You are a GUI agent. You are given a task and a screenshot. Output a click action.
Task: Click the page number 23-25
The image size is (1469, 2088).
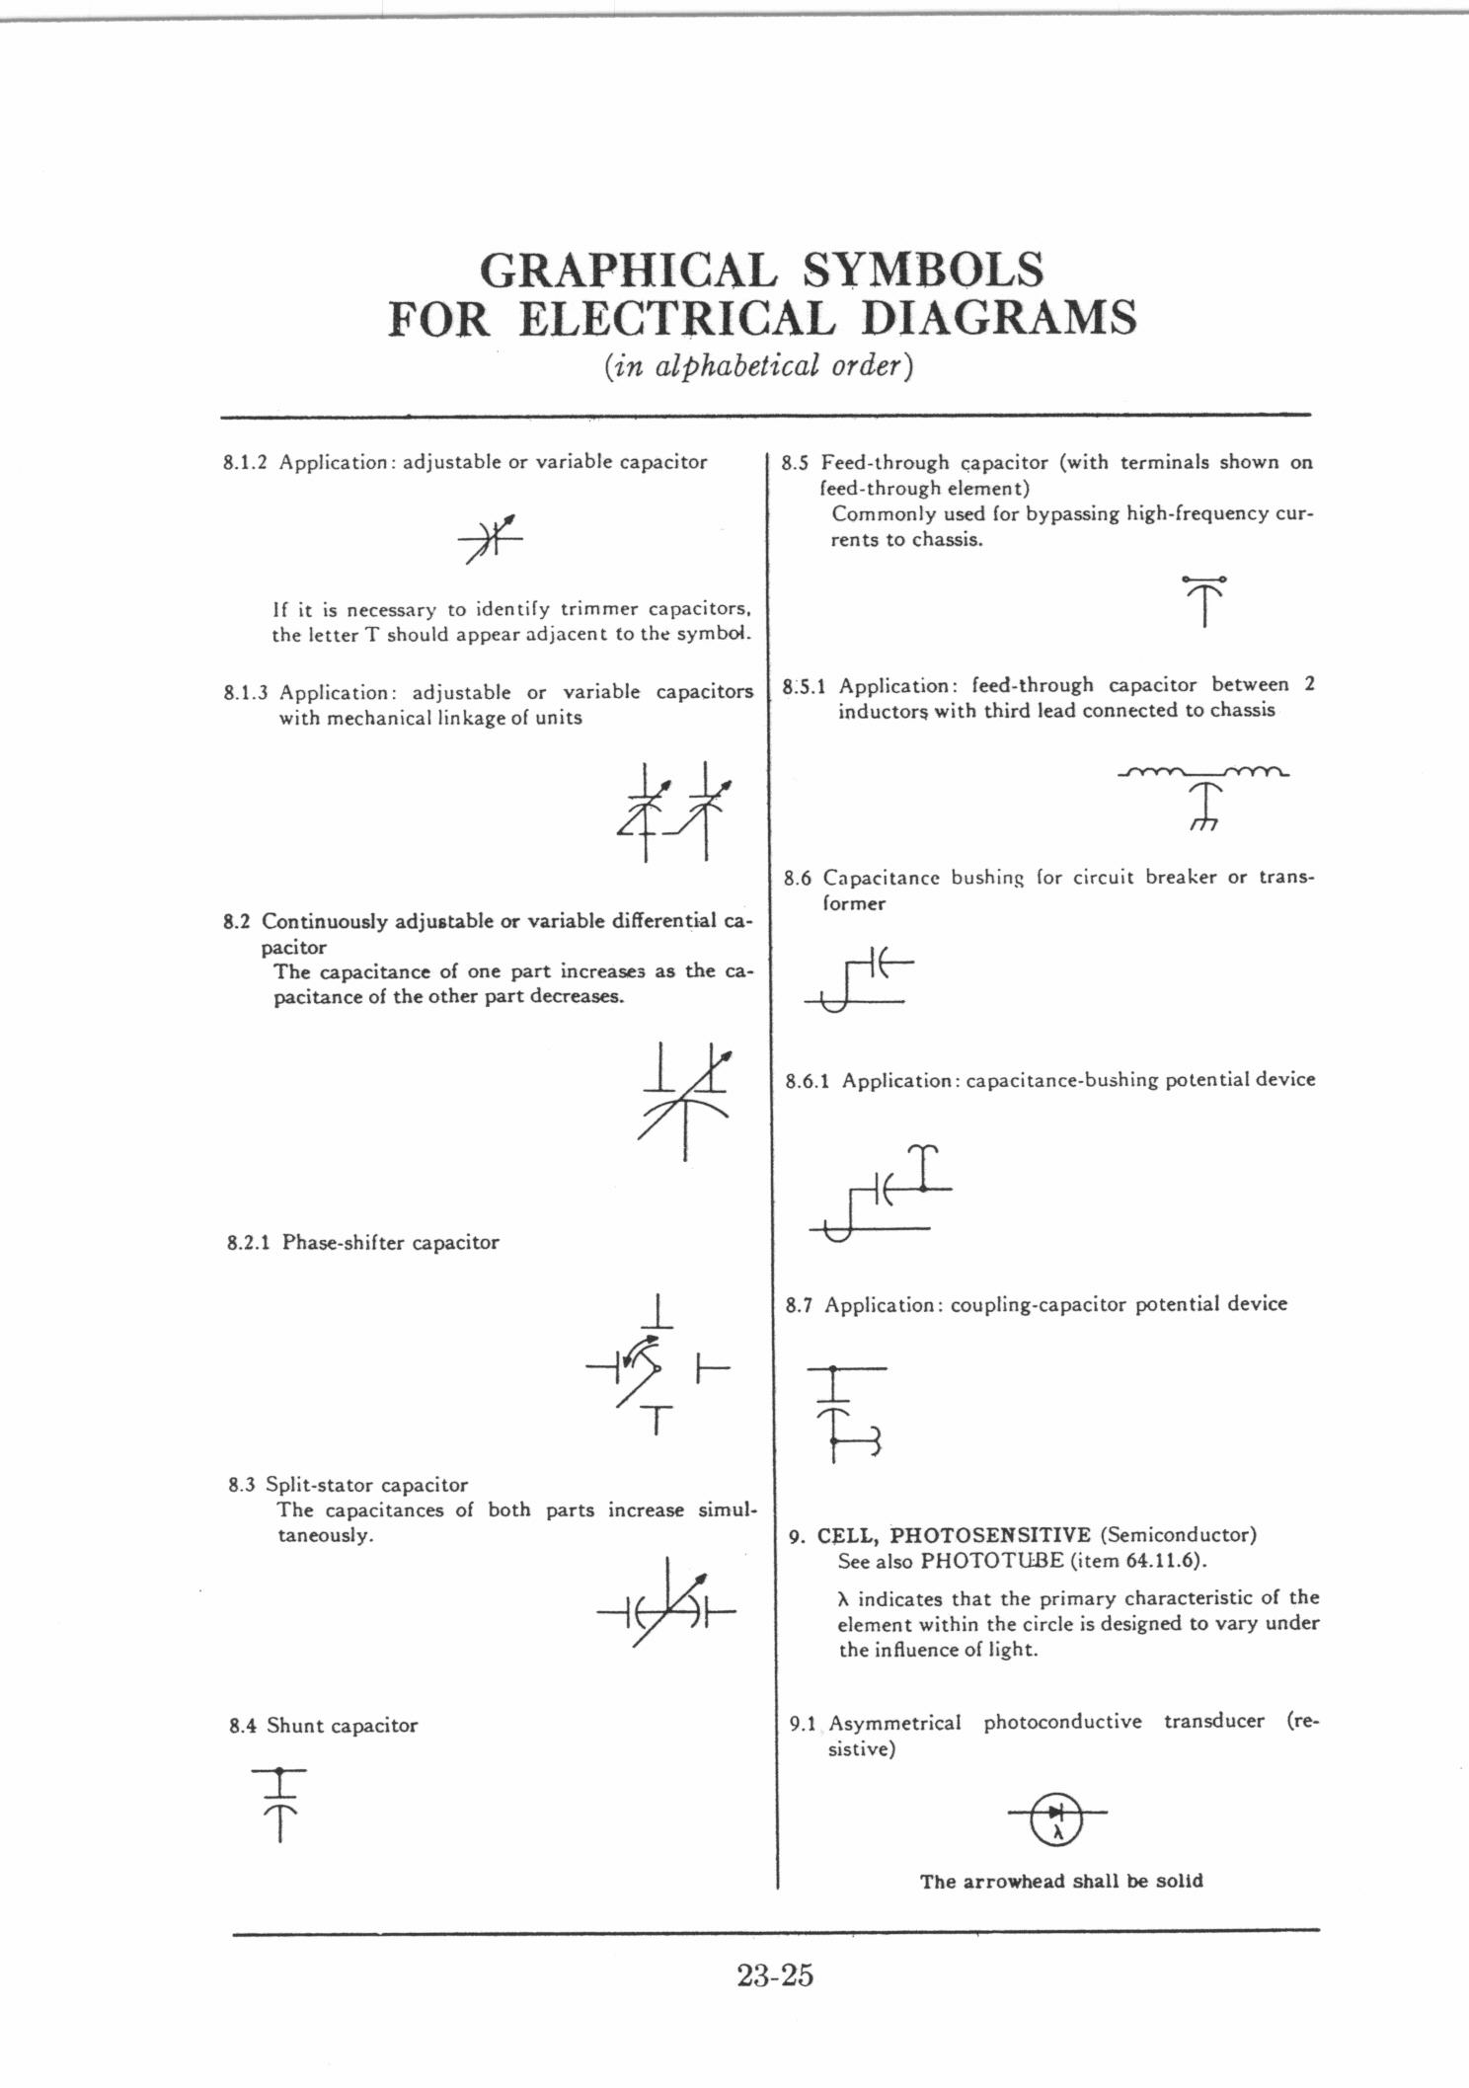pos(774,1975)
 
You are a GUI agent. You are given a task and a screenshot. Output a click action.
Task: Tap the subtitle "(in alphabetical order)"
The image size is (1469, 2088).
pos(758,367)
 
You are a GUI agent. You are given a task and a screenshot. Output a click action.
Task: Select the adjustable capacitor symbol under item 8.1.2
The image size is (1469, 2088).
pos(490,539)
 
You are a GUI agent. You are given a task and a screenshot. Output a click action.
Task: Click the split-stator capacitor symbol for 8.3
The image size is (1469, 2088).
pos(667,1616)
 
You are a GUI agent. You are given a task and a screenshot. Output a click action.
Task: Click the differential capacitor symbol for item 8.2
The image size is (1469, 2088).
pos(685,1100)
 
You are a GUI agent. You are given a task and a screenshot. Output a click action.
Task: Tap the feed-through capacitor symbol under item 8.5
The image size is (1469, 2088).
pos(1204,599)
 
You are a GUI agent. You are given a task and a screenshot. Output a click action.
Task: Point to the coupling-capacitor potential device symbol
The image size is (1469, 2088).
pos(842,1413)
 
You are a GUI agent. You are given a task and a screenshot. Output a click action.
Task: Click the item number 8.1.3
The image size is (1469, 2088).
pos(246,692)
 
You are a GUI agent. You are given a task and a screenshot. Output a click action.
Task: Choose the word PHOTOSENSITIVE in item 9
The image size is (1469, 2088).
pos(990,1535)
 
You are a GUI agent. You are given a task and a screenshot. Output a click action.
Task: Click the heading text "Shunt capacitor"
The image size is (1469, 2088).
pos(342,1726)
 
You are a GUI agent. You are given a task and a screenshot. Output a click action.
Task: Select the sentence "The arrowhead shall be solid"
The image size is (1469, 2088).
pos(1061,1882)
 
